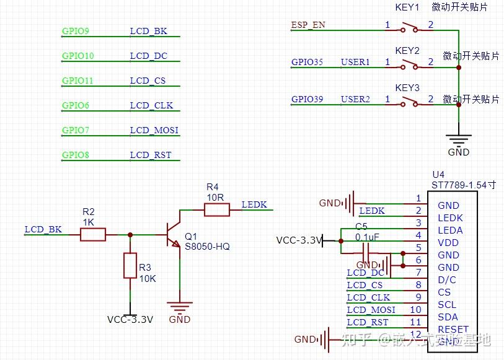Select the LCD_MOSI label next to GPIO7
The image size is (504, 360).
click(x=154, y=130)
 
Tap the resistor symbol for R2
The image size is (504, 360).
click(x=92, y=234)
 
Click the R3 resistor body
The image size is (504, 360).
click(x=130, y=265)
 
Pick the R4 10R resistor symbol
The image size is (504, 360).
click(x=216, y=210)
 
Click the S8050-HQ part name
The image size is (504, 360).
click(x=207, y=247)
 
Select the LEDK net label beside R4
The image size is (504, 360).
click(x=254, y=204)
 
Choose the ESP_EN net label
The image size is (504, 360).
click(x=308, y=25)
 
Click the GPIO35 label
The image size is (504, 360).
click(x=307, y=63)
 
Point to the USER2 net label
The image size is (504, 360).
click(x=355, y=100)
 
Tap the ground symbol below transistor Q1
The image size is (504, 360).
click(x=180, y=306)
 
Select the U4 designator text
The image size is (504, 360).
click(x=438, y=174)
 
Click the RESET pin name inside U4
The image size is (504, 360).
click(x=453, y=329)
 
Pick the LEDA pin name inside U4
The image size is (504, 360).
click(x=450, y=230)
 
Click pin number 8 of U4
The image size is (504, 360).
click(x=418, y=285)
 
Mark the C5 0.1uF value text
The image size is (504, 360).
click(x=367, y=237)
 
